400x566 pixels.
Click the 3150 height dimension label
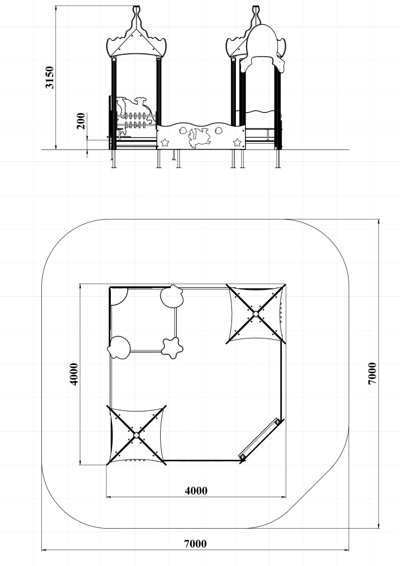(49, 77)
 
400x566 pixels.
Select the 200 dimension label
(81, 121)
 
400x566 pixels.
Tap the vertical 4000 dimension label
(74, 374)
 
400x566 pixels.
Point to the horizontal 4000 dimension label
(196, 491)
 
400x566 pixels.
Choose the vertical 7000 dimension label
(373, 374)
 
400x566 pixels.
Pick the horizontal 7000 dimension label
(196, 543)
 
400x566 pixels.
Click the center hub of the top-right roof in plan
(256, 314)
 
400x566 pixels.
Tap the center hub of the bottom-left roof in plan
(136, 435)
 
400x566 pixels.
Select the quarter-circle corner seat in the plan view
(119, 297)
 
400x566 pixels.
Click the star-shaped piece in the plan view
(171, 348)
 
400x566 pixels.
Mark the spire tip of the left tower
(136, 7)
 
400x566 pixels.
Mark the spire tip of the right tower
(256, 7)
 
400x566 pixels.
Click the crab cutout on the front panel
(199, 138)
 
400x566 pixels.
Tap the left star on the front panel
(165, 142)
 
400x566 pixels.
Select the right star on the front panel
(237, 142)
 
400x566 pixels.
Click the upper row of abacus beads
(136, 116)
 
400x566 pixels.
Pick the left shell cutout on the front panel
(183, 130)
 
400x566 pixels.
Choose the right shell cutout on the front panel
(218, 130)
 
